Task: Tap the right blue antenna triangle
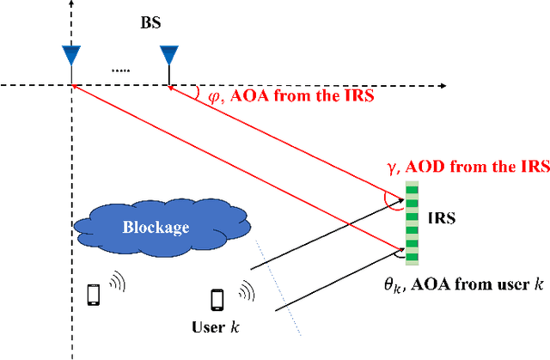168,55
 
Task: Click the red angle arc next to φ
198,93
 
